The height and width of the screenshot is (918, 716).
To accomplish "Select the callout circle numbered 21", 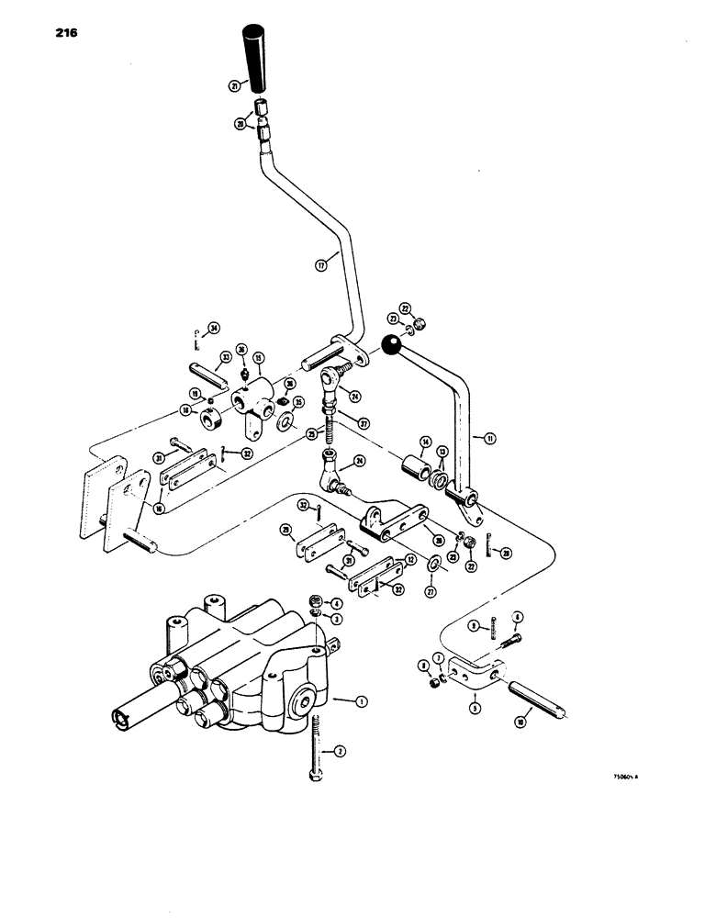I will (x=236, y=85).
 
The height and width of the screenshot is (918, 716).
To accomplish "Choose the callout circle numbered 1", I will (x=361, y=701).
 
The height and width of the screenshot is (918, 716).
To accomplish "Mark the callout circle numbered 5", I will (x=475, y=709).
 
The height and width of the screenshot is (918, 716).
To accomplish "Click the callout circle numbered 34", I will (x=213, y=328).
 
